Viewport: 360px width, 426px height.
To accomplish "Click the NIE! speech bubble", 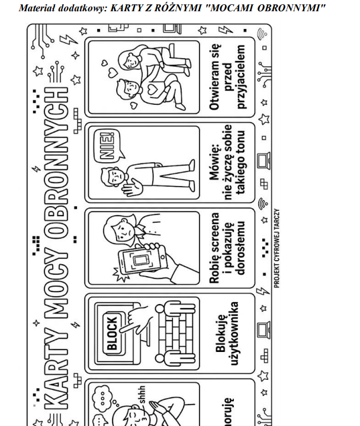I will coord(108,146).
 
